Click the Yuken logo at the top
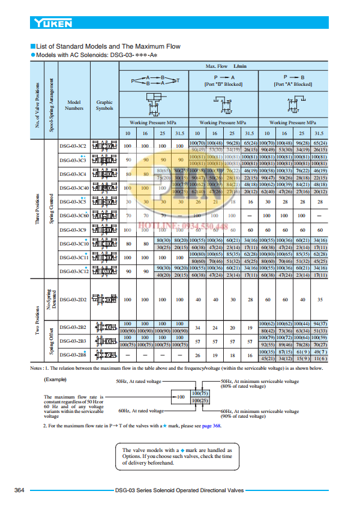53,23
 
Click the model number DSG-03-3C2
73,146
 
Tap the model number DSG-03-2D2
73,299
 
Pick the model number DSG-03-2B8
73,355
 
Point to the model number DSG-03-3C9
73,230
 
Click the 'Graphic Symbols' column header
104,105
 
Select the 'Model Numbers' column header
74,105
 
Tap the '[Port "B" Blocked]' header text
223,85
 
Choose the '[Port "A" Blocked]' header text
293,85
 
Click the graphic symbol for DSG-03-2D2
105,299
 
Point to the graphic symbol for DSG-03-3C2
105,146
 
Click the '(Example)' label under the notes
55,380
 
